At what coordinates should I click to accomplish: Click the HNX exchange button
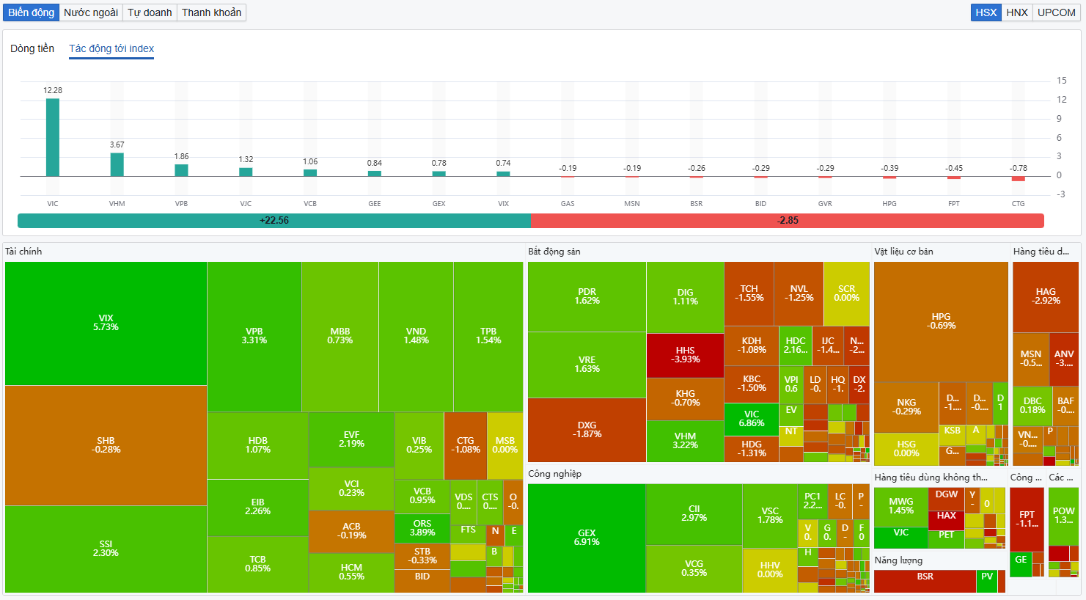pos(1017,12)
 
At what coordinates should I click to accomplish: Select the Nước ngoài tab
pos(91,12)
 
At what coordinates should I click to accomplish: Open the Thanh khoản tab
pos(211,12)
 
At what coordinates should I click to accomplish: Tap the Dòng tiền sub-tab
pos(32,48)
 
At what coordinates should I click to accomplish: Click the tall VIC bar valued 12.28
pos(53,137)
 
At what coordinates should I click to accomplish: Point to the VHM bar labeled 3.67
pos(117,164)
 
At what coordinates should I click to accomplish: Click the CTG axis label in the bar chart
pos(1018,204)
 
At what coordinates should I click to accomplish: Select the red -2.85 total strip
pos(788,220)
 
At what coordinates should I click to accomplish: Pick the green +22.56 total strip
pos(274,220)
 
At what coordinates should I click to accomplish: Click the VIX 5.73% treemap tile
pos(106,323)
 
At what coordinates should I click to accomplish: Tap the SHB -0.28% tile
pos(106,445)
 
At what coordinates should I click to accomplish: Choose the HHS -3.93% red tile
pos(685,355)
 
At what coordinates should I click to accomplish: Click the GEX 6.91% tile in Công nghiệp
pos(587,538)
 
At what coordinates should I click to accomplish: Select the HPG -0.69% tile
pos(941,321)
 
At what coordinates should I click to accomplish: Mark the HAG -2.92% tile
pos(1046,296)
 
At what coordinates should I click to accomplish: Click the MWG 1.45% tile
pos(900,506)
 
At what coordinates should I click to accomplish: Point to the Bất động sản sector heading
pos(554,252)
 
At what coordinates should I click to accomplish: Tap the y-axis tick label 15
pos(1061,81)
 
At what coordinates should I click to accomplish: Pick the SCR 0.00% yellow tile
pos(846,293)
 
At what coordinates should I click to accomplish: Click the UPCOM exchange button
pos(1056,12)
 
